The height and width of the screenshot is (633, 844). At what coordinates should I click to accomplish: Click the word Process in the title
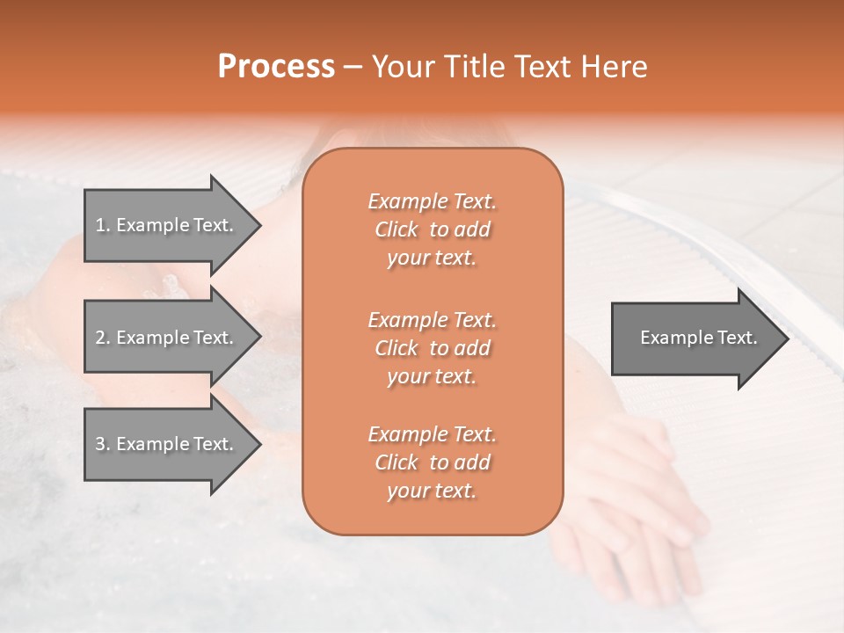click(x=276, y=67)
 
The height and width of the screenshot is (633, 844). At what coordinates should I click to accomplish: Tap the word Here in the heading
click(x=613, y=67)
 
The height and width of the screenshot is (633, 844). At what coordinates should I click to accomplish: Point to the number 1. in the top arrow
click(x=103, y=225)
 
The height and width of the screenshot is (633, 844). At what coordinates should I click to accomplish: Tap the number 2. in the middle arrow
click(x=103, y=338)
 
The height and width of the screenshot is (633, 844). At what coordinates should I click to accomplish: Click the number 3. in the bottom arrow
click(x=103, y=444)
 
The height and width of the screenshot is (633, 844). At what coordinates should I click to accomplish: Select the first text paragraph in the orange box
click(x=432, y=229)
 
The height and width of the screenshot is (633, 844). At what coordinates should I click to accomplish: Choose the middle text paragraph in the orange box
click(x=432, y=347)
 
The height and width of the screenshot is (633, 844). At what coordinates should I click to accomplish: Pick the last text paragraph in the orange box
click(x=432, y=462)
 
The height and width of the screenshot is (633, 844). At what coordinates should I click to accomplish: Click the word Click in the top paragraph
click(x=397, y=229)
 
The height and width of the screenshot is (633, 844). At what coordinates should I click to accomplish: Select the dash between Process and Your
click(x=353, y=67)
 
